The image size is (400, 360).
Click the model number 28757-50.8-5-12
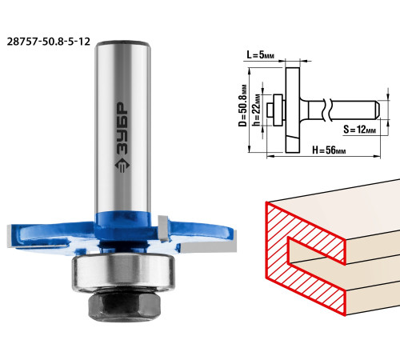coord(48,42)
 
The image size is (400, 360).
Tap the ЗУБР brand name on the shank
coord(122,129)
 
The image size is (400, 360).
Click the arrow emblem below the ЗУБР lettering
coord(122,166)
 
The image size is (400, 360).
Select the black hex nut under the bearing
coord(125,306)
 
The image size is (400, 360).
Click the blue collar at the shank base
coord(122,226)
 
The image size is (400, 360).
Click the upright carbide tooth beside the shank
coord(163,228)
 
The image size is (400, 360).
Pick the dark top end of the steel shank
coord(122,43)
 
